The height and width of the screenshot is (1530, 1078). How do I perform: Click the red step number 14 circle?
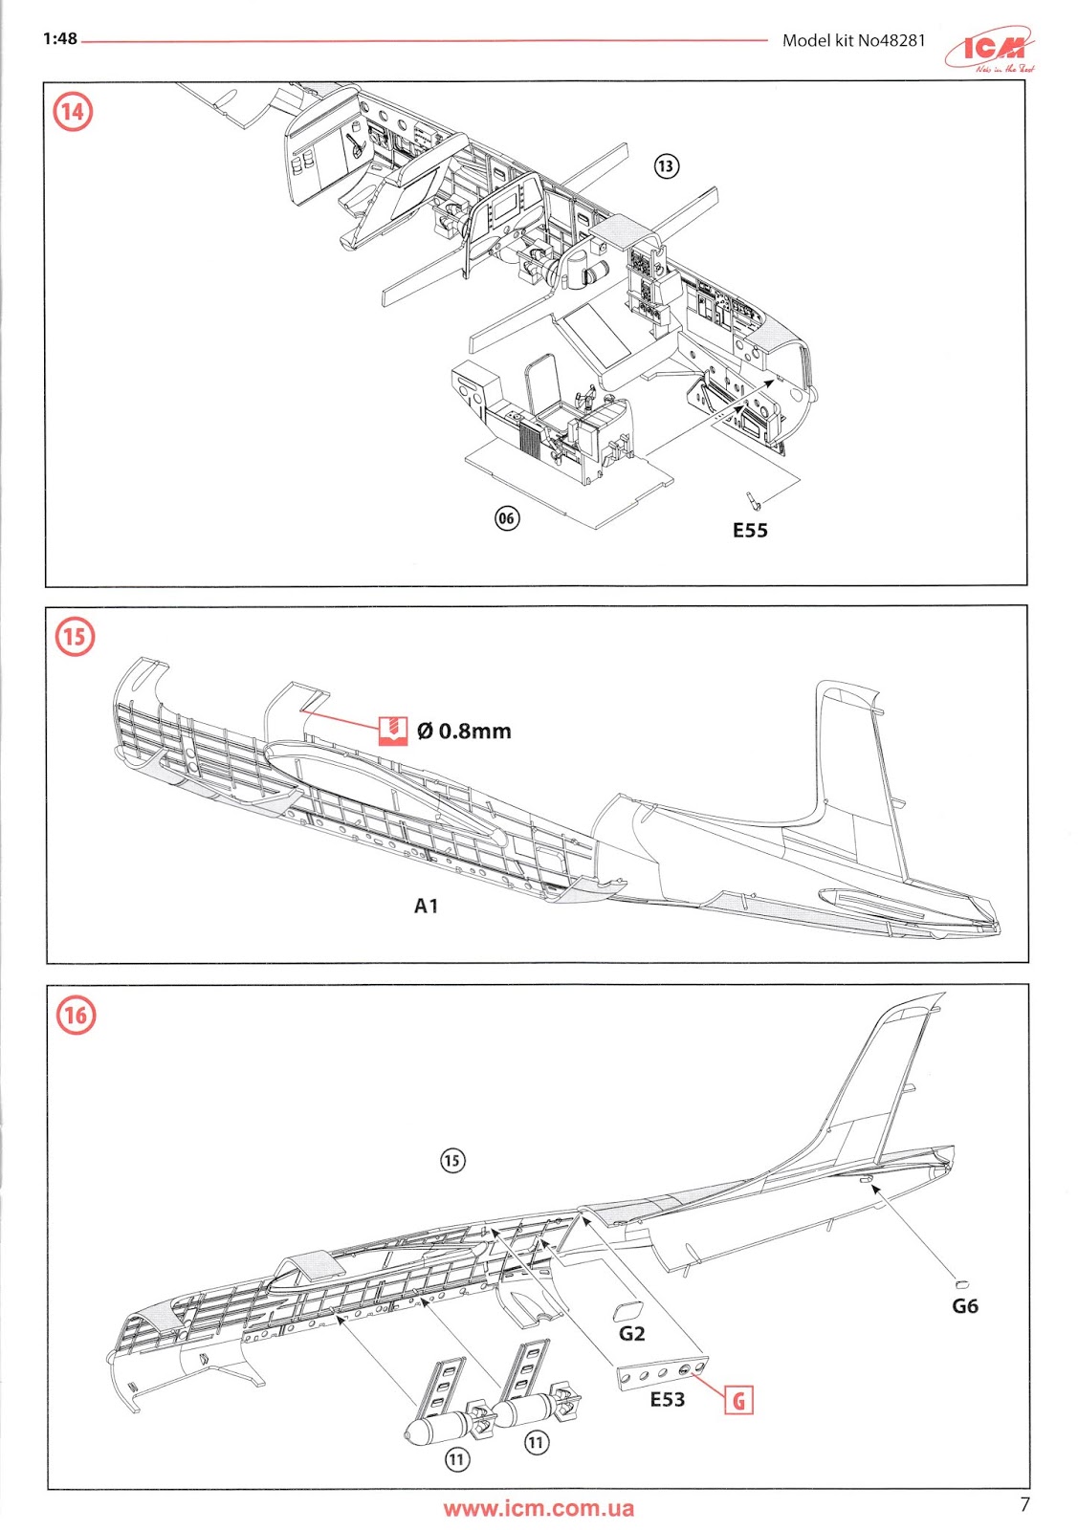coord(73,112)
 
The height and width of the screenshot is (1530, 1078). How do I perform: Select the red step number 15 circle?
coord(75,636)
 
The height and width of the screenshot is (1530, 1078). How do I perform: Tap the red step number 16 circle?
coord(76,1015)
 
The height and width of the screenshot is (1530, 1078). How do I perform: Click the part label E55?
coord(750,531)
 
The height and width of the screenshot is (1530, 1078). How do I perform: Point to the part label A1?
coord(426,906)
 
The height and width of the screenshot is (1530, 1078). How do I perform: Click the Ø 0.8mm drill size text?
coord(464,732)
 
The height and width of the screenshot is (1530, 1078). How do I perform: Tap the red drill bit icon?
coord(393,731)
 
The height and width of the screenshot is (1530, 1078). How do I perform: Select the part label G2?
coord(631,1333)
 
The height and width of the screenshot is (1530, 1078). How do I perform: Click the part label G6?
coord(965,1306)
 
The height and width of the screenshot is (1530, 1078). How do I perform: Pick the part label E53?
coord(667,1400)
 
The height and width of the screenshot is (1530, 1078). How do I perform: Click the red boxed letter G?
coord(739,1402)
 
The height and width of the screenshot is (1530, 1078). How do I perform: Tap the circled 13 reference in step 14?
coord(666,166)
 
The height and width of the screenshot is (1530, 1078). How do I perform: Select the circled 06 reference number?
coord(506,518)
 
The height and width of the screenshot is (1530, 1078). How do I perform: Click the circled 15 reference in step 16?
coord(451,1161)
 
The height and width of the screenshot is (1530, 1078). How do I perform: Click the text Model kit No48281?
coord(853,40)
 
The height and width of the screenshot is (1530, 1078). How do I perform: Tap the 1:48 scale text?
coord(59,39)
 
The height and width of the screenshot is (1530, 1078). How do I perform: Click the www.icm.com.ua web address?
coord(538,1509)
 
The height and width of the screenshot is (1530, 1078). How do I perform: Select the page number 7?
coord(1024,1504)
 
